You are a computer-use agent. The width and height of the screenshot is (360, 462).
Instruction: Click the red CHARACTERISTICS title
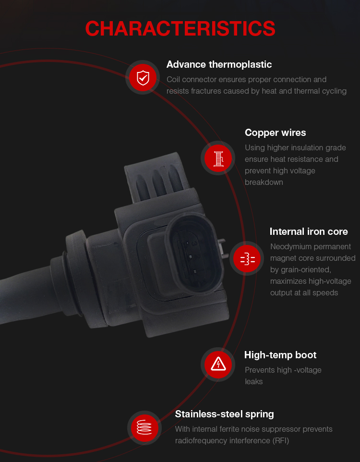(180, 29)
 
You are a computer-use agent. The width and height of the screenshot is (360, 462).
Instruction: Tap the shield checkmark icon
(143, 77)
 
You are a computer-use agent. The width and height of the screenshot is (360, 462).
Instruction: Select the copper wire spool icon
(218, 158)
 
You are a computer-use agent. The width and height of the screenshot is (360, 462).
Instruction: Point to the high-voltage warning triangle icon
(218, 364)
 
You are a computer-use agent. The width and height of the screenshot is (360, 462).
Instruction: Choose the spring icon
(144, 427)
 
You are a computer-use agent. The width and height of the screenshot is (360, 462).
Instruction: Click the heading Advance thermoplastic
(219, 64)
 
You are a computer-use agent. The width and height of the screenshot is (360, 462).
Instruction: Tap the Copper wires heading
(275, 133)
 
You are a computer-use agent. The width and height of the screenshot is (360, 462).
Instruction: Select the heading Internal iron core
(309, 231)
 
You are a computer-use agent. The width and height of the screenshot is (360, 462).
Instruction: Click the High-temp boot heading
(280, 355)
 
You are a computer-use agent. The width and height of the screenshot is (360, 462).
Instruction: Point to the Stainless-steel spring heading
(224, 414)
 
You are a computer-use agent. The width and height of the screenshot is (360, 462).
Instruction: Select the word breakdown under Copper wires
(264, 182)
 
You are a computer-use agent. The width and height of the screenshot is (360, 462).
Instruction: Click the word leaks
(253, 382)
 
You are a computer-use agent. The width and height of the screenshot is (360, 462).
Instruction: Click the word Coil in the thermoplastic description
(173, 80)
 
